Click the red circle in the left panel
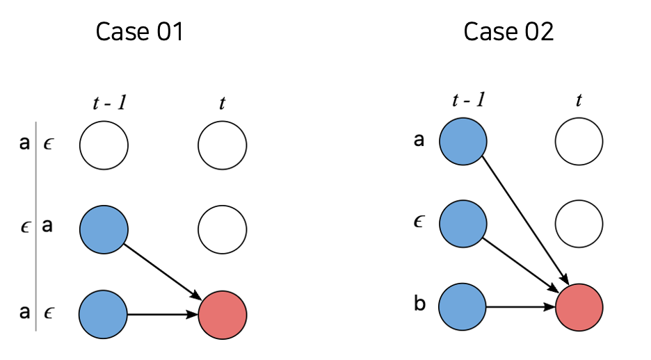tap(222, 315)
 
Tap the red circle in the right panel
tap(579, 306)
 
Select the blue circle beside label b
tap(463, 306)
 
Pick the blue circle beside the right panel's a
tap(463, 142)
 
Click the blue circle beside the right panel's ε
tap(463, 224)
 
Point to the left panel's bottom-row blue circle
tap(104, 315)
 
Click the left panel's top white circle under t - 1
tap(104, 147)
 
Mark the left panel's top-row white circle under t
tap(222, 147)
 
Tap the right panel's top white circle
tap(579, 142)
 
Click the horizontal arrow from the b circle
tap(521, 306)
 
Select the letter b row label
tap(419, 306)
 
